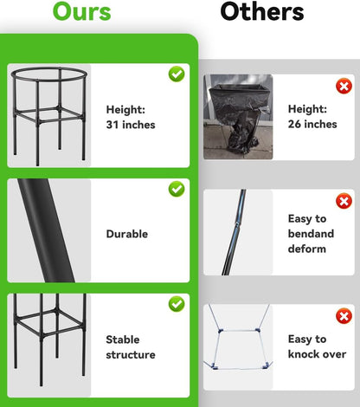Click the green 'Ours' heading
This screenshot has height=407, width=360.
(x=82, y=11)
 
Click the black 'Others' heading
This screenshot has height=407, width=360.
(x=262, y=11)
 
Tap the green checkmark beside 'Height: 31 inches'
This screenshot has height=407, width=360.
(x=177, y=74)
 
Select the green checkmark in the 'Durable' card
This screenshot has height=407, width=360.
(x=177, y=189)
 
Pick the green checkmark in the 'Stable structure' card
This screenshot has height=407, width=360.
(x=177, y=304)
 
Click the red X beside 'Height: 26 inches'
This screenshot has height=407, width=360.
(x=344, y=87)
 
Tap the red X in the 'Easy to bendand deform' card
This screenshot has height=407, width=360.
(x=344, y=201)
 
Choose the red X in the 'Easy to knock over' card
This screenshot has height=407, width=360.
(x=344, y=316)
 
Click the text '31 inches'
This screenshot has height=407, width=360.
(x=131, y=125)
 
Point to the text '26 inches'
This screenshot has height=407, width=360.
(x=312, y=124)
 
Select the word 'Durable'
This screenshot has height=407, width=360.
(x=127, y=234)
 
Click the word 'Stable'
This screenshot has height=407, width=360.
(x=123, y=339)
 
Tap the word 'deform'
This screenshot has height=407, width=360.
(x=307, y=249)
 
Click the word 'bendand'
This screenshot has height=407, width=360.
(x=311, y=234)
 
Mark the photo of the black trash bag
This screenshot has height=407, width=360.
(x=238, y=117)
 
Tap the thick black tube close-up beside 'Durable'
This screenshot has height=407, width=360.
(x=46, y=230)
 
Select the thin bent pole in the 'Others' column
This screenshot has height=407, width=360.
(x=235, y=232)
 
